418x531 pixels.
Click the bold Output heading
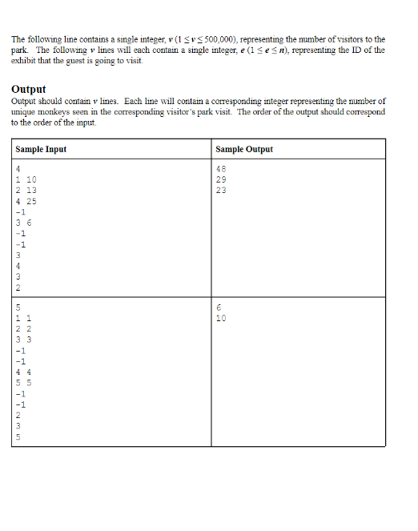point(29,89)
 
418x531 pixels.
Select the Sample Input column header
point(41,150)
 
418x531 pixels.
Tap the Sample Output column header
point(244,150)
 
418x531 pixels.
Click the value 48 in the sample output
point(222,168)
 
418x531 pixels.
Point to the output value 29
point(222,179)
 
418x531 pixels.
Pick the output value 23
point(222,191)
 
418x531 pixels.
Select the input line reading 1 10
point(26,179)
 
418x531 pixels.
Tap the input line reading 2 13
point(26,191)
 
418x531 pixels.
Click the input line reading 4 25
point(26,201)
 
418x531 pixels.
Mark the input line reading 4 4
point(22,372)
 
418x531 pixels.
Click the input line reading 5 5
point(22,383)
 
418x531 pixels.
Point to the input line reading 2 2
point(22,328)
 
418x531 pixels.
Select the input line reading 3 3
point(22,340)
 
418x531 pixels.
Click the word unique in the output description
point(23,112)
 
